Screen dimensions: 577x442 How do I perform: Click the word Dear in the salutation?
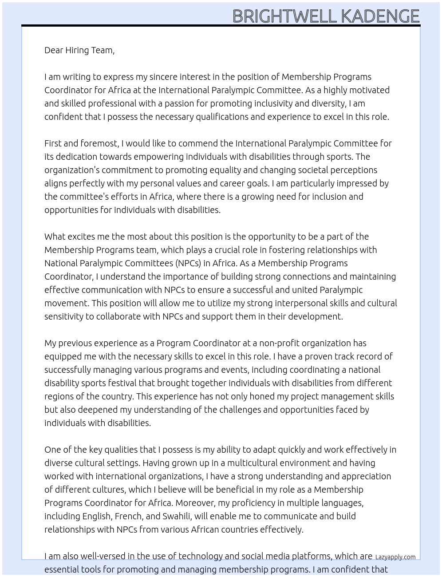[x=54, y=50]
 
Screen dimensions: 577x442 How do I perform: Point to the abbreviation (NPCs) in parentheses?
[x=188, y=263]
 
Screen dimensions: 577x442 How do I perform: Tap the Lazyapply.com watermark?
[x=395, y=557]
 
